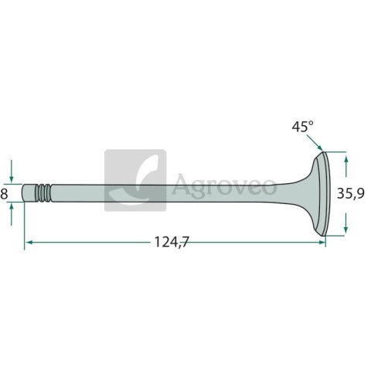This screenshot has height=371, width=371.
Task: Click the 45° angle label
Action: coord(303,127)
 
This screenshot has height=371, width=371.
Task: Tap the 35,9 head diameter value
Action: coord(351,193)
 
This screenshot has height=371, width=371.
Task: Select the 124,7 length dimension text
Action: coord(172,242)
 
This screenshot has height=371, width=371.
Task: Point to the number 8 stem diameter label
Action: coord(4,194)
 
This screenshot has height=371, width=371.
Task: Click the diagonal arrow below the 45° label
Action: coord(315,142)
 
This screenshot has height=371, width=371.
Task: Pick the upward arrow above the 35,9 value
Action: coord(346,166)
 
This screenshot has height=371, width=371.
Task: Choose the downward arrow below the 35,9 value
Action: coord(346,223)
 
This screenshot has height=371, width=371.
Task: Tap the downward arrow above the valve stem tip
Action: coord(11,171)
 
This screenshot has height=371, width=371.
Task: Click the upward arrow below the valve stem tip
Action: coord(11,214)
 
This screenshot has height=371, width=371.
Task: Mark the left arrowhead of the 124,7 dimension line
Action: coord(29,242)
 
